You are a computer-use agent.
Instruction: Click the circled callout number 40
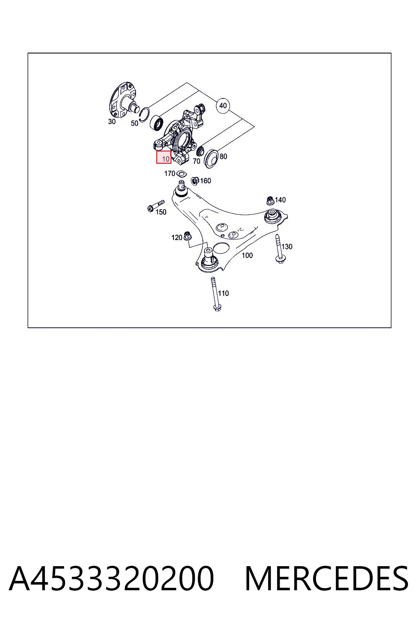pos(223,106)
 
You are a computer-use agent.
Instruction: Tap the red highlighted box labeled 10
pos(164,157)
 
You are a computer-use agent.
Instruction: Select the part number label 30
pos(112,122)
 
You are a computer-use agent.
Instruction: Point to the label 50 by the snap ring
pos(135,123)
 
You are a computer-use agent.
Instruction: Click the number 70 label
pos(197,161)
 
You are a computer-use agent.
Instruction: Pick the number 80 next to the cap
pos(223,156)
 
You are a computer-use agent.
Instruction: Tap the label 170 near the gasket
pos(170,173)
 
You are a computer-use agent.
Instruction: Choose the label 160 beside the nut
pos(205,181)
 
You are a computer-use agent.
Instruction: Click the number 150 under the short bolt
pos(161,212)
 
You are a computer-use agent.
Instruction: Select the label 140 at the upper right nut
pos(280,200)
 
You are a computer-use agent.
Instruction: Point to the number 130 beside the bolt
pos(287,247)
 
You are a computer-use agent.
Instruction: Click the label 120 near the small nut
pos(177,238)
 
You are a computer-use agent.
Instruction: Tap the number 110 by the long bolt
pos(223,293)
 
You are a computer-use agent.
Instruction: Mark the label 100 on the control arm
pos(247,255)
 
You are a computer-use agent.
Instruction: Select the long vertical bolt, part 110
pos(215,294)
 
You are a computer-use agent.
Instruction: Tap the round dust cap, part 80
pos(211,159)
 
